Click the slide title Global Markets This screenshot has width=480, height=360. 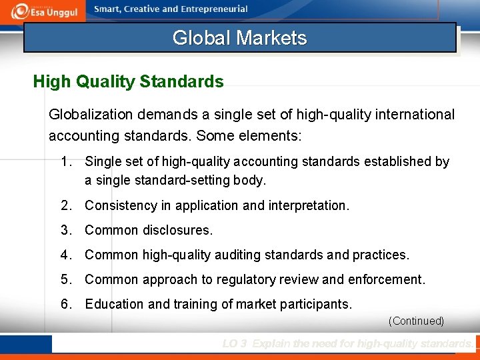point(239,37)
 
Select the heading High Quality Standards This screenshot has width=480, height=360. point(128,82)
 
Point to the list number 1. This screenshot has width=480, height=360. point(65,161)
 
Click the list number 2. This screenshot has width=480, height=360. point(65,205)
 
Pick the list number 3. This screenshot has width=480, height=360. point(65,230)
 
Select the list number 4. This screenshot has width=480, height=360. point(65,255)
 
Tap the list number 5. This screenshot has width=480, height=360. point(65,279)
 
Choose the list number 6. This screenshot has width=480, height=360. point(65,304)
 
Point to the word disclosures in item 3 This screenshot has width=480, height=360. point(177,230)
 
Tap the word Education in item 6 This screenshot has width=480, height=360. point(114,304)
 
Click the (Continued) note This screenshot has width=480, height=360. point(416,321)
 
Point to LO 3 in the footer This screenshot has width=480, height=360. point(235,344)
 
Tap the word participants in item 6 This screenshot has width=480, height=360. point(318,304)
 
